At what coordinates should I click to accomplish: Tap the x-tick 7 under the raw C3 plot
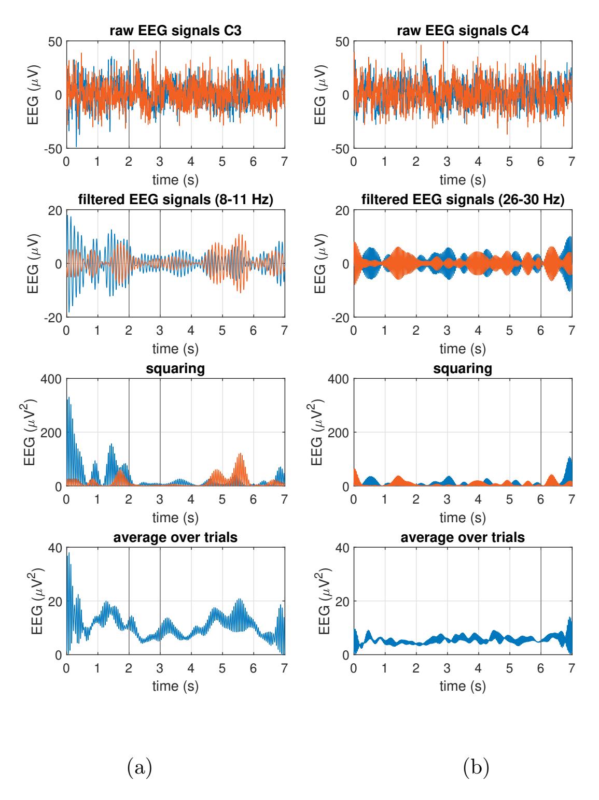(284, 161)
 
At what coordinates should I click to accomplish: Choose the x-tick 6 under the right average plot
(541, 667)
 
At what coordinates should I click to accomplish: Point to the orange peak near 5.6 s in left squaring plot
(241, 454)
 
